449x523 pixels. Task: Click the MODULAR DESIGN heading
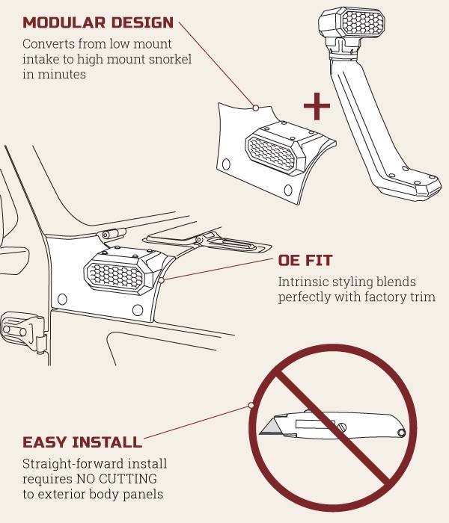(98, 22)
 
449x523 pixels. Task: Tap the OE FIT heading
(305, 261)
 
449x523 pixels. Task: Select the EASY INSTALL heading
(82, 442)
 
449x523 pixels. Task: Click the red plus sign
(317, 106)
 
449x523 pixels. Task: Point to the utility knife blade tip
(260, 433)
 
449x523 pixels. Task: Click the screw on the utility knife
(341, 427)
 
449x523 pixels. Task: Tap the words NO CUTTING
(117, 479)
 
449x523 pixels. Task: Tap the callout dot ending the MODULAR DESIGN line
(256, 108)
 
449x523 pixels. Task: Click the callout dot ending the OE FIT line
(161, 280)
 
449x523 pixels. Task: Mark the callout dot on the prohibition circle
(251, 405)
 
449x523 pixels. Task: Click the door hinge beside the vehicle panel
(23, 331)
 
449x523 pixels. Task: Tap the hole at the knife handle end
(401, 433)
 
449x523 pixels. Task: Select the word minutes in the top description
(62, 74)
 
